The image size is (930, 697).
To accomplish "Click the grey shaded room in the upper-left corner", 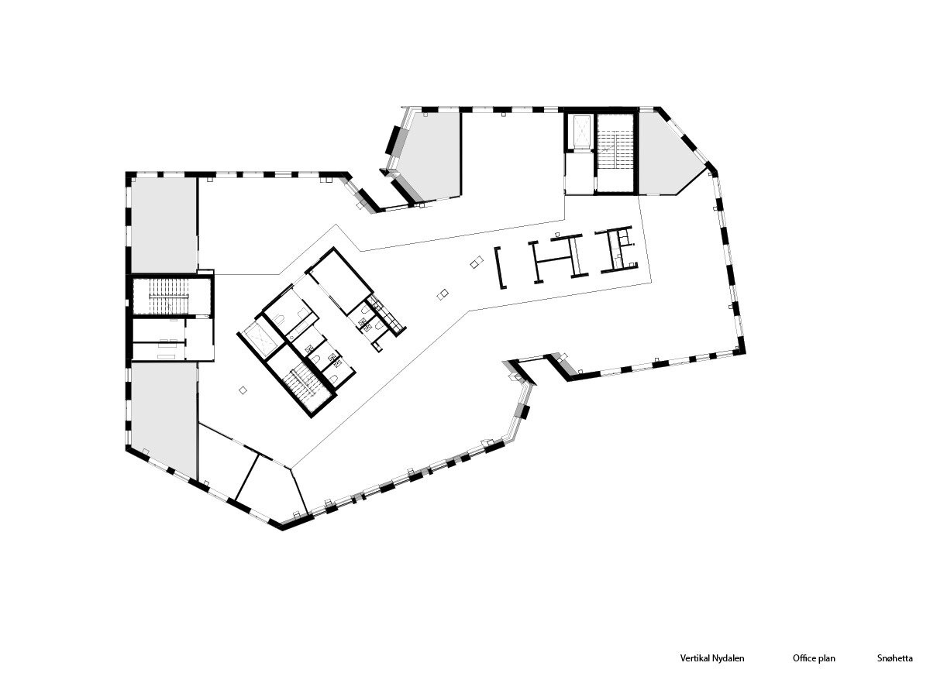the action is pos(164,225).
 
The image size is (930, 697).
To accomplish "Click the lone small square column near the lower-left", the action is pos(243,390).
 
